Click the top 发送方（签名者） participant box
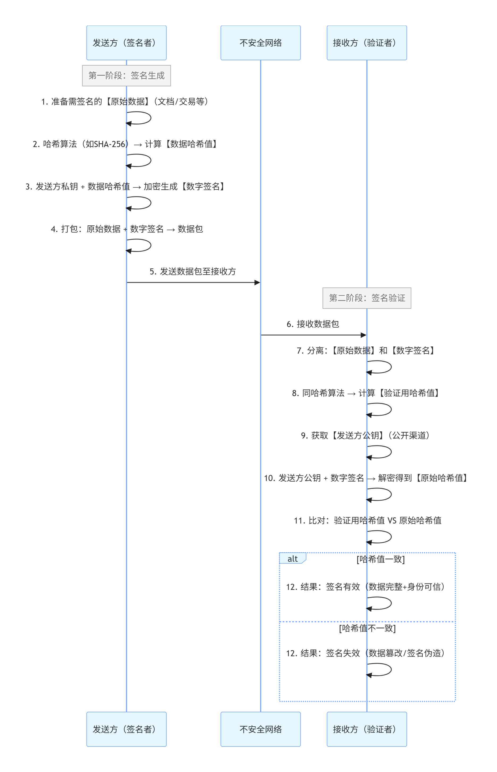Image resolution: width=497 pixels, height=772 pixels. point(126,43)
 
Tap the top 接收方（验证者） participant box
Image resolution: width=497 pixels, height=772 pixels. point(367,43)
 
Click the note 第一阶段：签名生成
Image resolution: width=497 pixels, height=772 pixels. point(126,76)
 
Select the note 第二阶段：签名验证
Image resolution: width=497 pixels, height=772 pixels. point(367,298)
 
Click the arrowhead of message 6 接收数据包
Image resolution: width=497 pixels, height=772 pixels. point(363,335)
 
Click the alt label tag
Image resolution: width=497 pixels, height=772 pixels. point(292,559)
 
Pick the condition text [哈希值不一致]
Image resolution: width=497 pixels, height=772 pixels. point(367,628)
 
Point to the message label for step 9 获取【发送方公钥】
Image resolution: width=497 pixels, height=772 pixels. point(365,436)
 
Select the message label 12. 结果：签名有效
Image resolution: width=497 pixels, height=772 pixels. point(365,587)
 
